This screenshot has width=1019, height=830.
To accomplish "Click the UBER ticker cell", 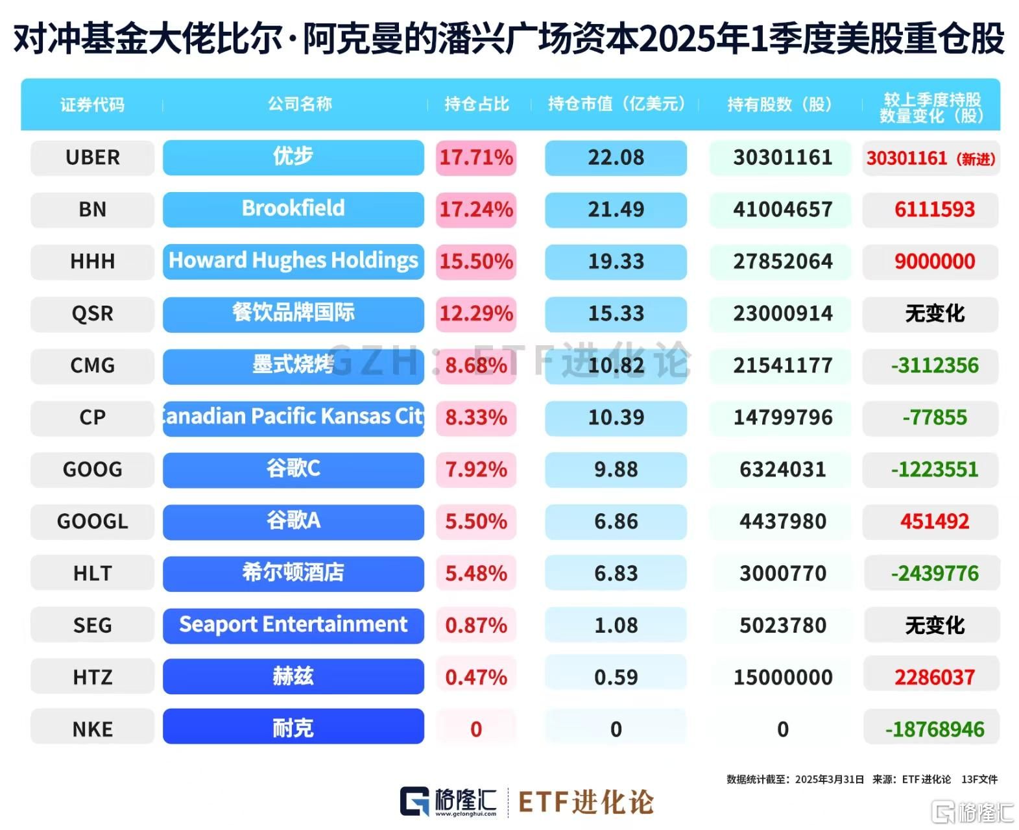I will tap(92, 158).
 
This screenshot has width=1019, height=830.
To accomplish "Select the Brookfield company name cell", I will tap(293, 209).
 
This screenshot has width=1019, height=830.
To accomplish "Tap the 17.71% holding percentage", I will tap(476, 158).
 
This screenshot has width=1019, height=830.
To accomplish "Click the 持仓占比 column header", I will tap(477, 104).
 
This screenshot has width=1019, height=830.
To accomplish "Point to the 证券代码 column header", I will tap(92, 104).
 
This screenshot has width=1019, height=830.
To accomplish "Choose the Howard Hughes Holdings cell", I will tap(293, 261).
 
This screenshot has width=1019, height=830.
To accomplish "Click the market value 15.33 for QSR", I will tap(616, 313).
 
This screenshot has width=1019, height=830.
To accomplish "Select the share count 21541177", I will tap(782, 365).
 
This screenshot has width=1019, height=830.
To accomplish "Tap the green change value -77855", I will tap(934, 417).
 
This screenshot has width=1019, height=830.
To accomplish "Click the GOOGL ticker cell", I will tap(92, 521).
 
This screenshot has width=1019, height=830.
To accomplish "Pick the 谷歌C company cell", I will tap(293, 469).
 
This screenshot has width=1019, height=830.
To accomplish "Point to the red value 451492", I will tap(934, 521).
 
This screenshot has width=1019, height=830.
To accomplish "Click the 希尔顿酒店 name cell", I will tap(293, 573).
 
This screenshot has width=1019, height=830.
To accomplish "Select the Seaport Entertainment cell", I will tap(293, 625).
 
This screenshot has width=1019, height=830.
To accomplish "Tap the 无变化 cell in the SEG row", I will tap(934, 625).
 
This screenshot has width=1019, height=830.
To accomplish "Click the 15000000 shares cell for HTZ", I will tap(782, 677).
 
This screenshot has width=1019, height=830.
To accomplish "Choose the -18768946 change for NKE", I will tap(934, 729).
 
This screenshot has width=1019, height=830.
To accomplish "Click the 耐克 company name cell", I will tap(293, 728).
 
